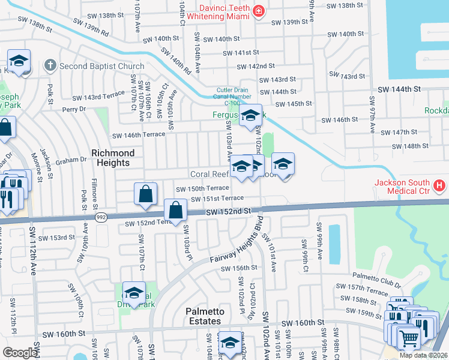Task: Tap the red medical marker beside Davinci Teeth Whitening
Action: tap(259, 10)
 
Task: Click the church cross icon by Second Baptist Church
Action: tap(50, 65)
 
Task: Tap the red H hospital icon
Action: tap(440, 186)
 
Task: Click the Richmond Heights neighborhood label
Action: tap(110, 158)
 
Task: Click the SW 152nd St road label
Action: tap(228, 212)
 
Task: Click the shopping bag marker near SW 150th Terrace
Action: tap(145, 194)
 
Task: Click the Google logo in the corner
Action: tap(20, 353)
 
